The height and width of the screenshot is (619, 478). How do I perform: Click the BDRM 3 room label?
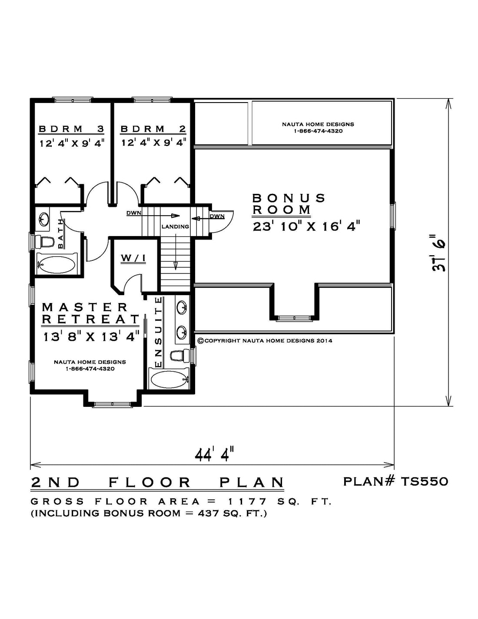pyautogui.click(x=71, y=129)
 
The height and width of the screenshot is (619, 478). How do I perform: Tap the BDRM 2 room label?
pyautogui.click(x=153, y=129)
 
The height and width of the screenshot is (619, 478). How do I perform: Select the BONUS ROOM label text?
pyautogui.click(x=289, y=204)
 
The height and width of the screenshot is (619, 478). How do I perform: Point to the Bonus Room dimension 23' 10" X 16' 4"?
pyautogui.click(x=307, y=227)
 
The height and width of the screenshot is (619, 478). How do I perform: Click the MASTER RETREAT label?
pyautogui.click(x=91, y=313)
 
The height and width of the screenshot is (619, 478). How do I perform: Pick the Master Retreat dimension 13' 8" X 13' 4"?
pyautogui.click(x=91, y=337)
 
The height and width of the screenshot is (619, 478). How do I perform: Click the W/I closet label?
pyautogui.click(x=133, y=258)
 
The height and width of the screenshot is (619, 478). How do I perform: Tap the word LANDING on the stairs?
pyautogui.click(x=176, y=227)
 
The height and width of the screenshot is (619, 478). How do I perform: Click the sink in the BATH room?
pyautogui.click(x=43, y=219)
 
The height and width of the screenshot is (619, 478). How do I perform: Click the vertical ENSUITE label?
pyautogui.click(x=159, y=333)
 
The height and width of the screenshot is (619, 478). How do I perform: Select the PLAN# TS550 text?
pyautogui.click(x=395, y=482)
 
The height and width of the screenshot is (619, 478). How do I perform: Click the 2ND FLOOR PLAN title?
pyautogui.click(x=157, y=482)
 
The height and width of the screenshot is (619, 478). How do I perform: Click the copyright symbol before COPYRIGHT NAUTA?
pyautogui.click(x=200, y=340)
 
